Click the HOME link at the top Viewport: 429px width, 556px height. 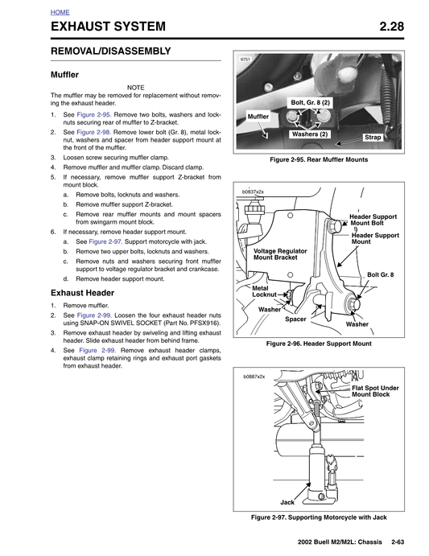(x=60, y=12)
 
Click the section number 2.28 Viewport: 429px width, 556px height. (x=391, y=27)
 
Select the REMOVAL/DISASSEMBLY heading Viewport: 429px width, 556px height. (x=111, y=51)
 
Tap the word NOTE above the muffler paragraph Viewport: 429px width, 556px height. (x=135, y=88)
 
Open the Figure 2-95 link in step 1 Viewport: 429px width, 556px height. (x=94, y=114)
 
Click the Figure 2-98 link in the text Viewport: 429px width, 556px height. (x=94, y=132)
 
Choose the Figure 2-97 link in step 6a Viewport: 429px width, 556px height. (x=105, y=241)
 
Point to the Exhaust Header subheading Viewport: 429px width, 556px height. (x=82, y=293)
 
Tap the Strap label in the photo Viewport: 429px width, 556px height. (x=373, y=138)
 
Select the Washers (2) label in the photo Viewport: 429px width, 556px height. (x=309, y=134)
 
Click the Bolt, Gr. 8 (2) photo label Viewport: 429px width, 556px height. (x=310, y=103)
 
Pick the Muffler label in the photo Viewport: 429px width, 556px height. (x=258, y=117)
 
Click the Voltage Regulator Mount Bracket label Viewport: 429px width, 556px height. (x=280, y=254)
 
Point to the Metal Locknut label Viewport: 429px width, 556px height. (x=264, y=291)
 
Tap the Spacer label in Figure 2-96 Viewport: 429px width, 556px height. (x=295, y=319)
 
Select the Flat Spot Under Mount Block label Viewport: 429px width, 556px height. (x=375, y=391)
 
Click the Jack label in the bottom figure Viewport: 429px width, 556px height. (x=287, y=502)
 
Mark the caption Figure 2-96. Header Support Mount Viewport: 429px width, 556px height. (x=319, y=344)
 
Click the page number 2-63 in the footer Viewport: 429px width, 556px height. (x=398, y=542)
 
